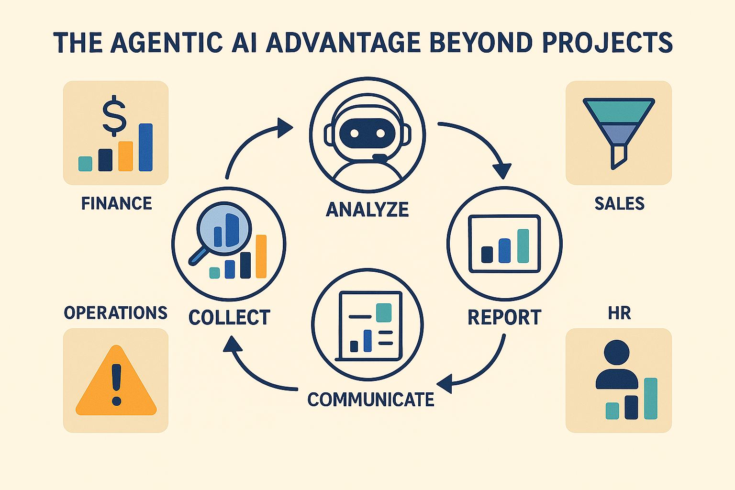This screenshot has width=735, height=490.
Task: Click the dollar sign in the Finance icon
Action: [x=115, y=115]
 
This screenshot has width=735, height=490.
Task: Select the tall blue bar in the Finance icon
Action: [x=145, y=147]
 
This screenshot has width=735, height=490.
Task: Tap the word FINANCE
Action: [x=116, y=203]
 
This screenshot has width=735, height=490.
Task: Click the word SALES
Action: [x=619, y=203]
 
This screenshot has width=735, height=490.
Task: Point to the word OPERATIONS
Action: [x=115, y=312]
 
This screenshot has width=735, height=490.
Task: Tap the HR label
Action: [x=619, y=313]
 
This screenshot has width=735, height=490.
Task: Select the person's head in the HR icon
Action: [x=616, y=353]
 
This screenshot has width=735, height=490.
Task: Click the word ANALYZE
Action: [x=367, y=210]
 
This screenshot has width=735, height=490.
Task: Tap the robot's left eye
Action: [x=354, y=133]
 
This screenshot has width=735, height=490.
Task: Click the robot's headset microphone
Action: [x=380, y=157]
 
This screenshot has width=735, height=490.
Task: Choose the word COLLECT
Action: [x=229, y=318]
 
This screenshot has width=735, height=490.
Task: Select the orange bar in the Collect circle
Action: [x=261, y=256]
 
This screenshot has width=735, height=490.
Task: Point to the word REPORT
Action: [x=504, y=317]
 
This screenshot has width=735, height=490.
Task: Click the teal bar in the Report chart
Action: [x=523, y=246]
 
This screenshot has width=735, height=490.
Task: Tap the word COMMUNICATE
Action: [x=370, y=400]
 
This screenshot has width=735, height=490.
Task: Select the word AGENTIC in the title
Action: [x=167, y=43]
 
